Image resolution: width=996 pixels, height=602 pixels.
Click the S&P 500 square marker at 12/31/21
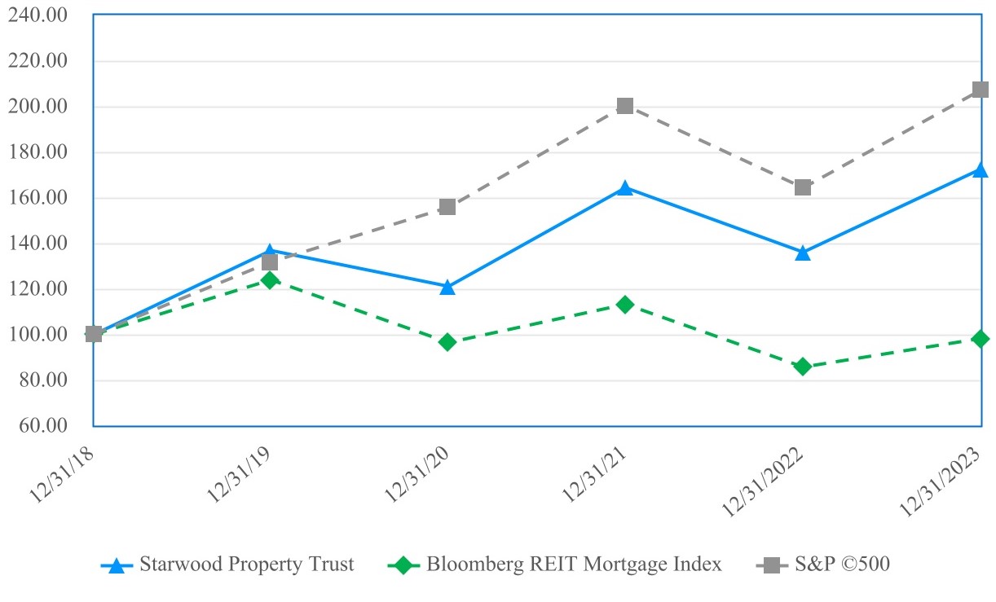(625, 106)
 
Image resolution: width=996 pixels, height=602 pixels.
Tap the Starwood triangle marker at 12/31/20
(447, 288)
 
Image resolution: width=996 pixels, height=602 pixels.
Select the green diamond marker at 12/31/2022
(803, 367)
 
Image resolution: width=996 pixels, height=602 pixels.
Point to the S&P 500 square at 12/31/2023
(980, 90)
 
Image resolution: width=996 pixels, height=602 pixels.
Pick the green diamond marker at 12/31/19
(270, 280)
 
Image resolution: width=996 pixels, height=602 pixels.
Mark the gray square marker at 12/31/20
(447, 207)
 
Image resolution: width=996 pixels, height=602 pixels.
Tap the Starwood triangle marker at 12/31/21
(625, 188)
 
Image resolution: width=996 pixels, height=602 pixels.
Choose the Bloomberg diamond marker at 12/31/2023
(980, 339)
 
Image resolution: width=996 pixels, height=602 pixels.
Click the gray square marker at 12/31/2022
(803, 187)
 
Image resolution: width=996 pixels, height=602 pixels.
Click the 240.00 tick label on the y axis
(37, 15)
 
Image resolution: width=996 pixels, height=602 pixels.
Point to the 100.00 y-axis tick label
(37, 335)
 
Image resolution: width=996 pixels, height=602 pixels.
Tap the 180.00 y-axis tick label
(37, 152)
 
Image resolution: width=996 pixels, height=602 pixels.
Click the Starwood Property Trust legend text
(247, 565)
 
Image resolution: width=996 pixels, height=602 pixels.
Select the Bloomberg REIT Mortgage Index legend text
(574, 565)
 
